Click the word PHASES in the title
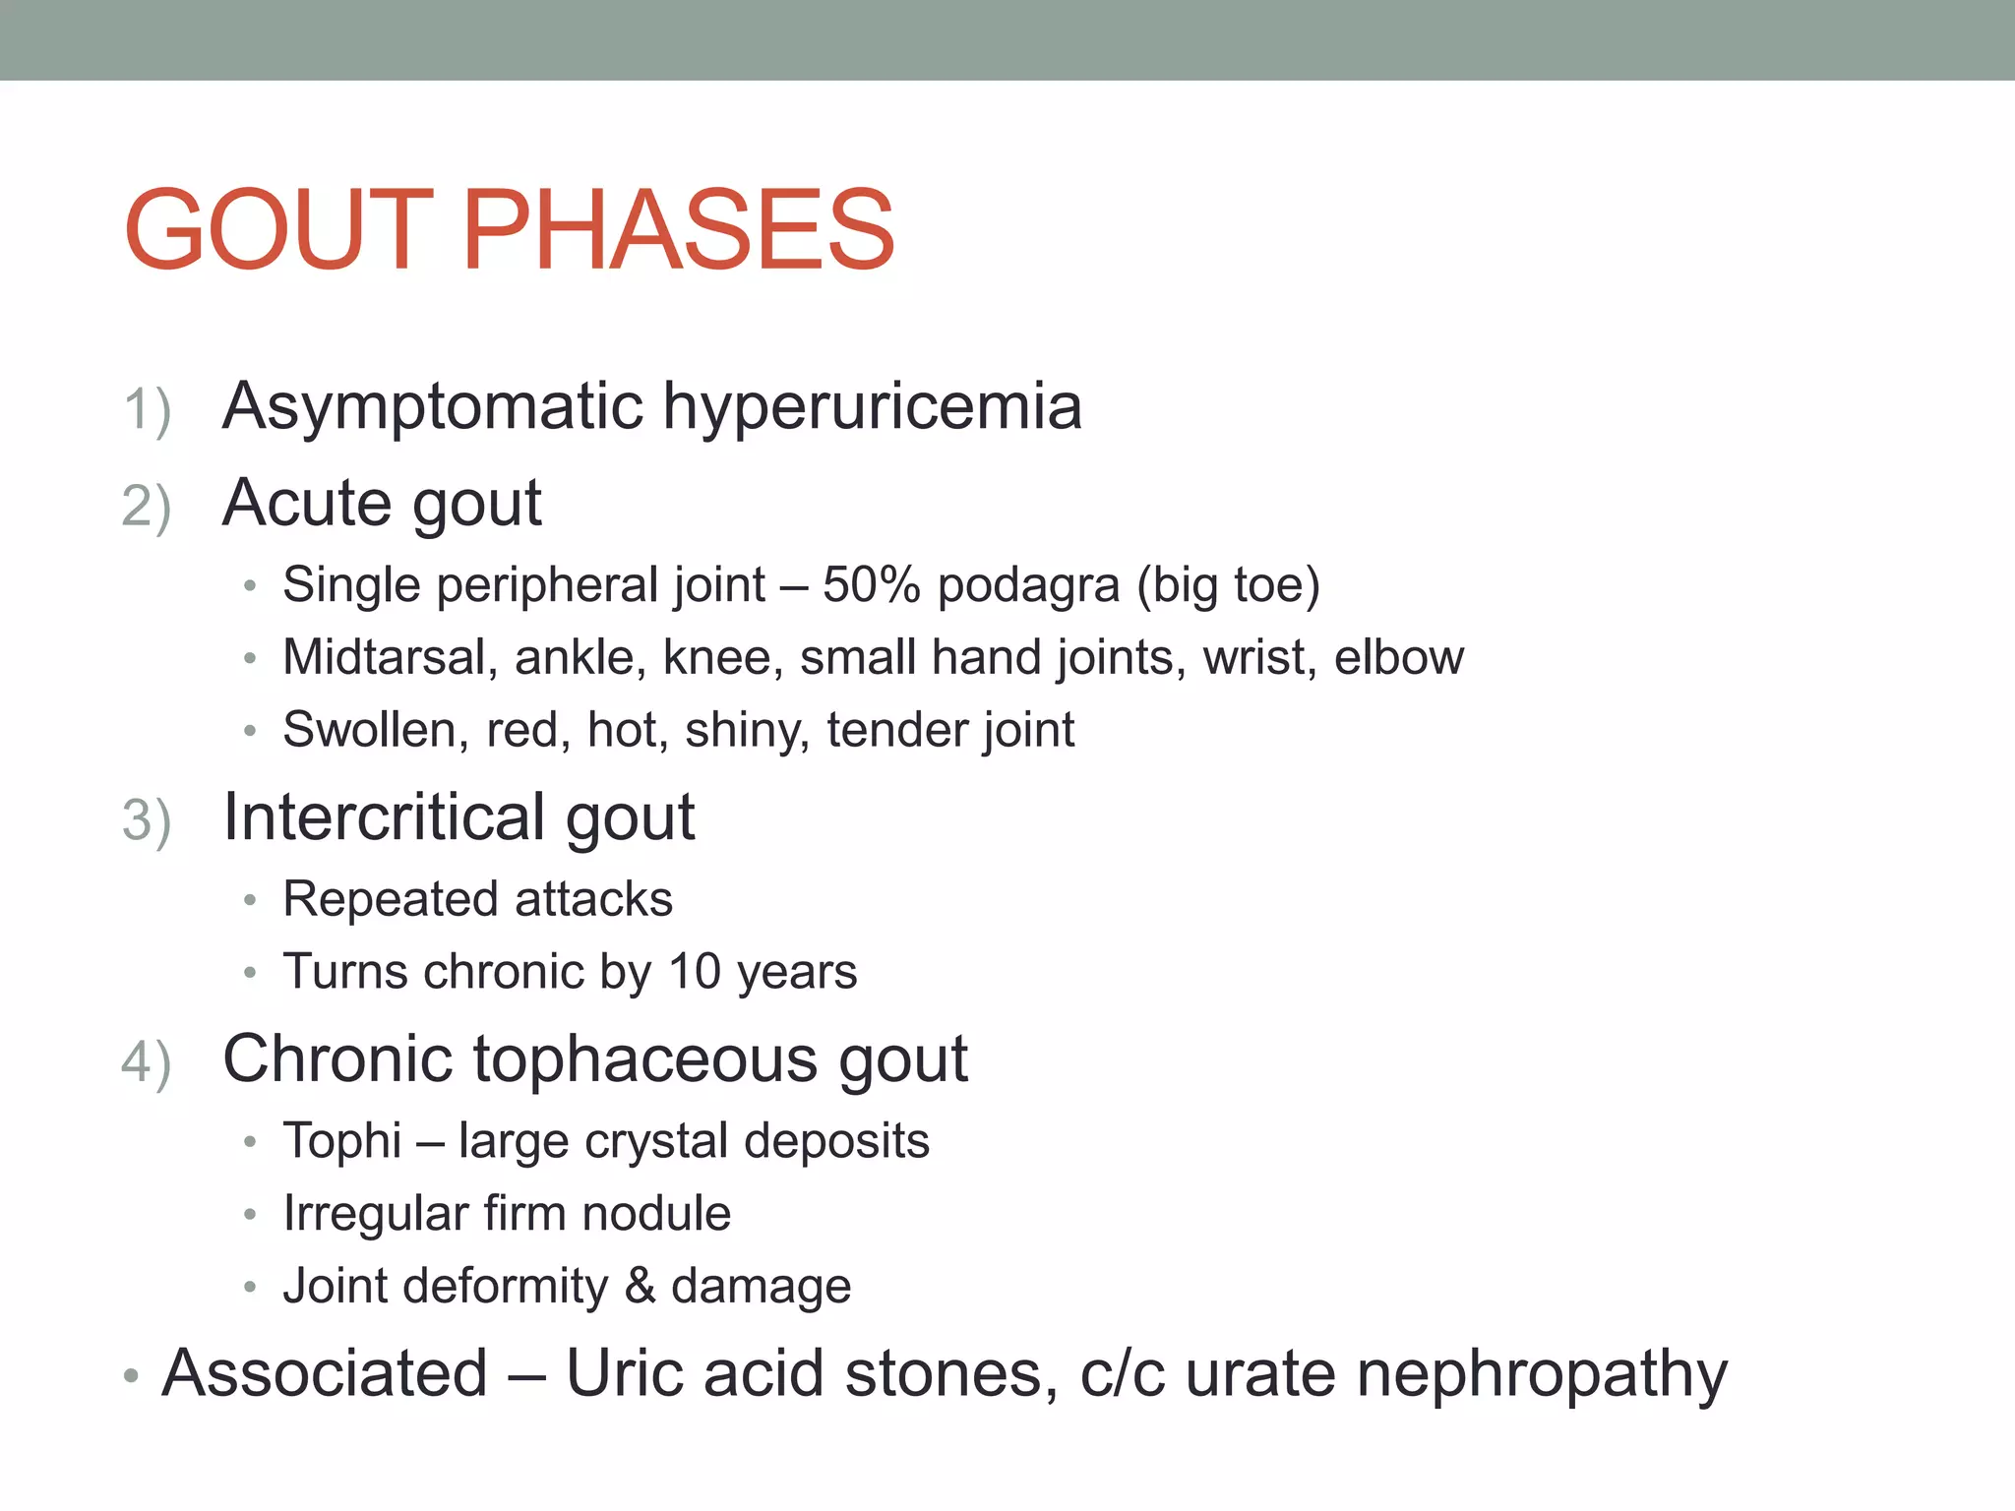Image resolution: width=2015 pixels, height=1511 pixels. click(678, 231)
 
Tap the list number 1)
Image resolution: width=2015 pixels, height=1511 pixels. click(148, 409)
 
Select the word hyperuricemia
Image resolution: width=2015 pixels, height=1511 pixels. click(872, 407)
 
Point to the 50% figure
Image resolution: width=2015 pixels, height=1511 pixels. click(871, 585)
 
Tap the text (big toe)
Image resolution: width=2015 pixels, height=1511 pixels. click(1228, 586)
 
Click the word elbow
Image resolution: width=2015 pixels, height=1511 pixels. click(1398, 658)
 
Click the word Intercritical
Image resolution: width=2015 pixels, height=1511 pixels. click(383, 817)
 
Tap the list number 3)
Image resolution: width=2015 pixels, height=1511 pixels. click(148, 820)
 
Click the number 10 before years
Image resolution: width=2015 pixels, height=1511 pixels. click(695, 972)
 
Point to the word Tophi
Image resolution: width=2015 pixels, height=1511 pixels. click(342, 1142)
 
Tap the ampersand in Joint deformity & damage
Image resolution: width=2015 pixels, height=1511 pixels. click(641, 1287)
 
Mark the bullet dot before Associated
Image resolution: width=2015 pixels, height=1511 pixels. click(131, 1376)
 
